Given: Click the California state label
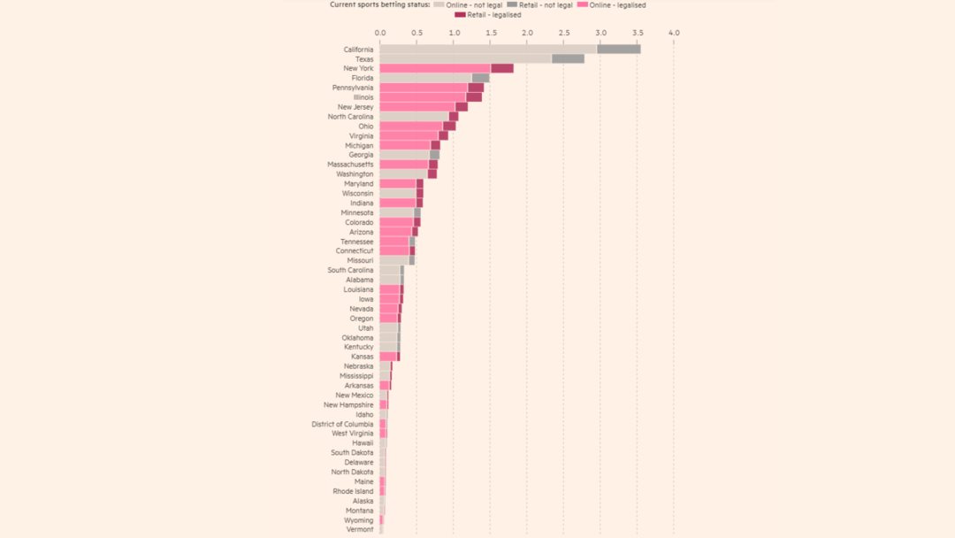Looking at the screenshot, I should click(358, 50).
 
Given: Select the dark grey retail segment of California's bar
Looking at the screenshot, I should click(619, 50).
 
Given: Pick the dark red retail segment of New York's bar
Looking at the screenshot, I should click(502, 68).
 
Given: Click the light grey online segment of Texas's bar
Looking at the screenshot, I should click(465, 59).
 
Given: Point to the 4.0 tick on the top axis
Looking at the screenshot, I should click(674, 33).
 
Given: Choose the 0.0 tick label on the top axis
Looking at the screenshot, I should click(379, 33).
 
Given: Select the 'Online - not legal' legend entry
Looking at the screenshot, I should click(469, 5).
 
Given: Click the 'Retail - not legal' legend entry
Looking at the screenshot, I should click(540, 5).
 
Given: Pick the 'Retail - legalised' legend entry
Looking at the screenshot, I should click(488, 15).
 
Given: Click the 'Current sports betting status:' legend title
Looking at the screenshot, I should click(380, 5).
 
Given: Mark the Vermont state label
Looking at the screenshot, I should click(360, 529).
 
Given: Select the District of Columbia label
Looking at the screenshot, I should click(342, 424).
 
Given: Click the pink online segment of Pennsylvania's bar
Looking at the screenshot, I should click(424, 88).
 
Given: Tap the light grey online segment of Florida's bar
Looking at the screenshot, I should click(425, 78).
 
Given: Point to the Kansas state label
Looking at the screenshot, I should click(362, 357).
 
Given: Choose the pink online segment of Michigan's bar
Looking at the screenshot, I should click(405, 145).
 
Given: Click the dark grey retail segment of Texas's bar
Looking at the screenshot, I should click(568, 59).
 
